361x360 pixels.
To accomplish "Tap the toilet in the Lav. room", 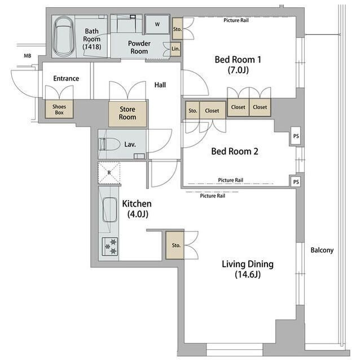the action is click(x=109, y=144).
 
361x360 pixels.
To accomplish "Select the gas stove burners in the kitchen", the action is click(x=110, y=247).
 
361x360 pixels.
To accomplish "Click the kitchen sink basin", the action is click(x=109, y=210).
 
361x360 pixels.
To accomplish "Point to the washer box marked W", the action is click(x=157, y=24).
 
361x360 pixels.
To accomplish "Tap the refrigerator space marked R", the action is click(x=109, y=172).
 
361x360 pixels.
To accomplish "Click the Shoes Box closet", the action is click(x=59, y=109).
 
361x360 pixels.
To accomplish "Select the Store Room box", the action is click(x=127, y=114).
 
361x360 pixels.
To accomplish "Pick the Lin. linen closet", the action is click(x=175, y=49).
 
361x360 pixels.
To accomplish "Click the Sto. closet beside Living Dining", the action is click(x=175, y=245).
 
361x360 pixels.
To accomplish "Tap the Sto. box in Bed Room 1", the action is click(x=177, y=29).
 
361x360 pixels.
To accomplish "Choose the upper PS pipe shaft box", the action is click(x=296, y=136).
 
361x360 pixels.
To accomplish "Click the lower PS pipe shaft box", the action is click(x=296, y=182).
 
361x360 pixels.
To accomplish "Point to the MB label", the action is click(x=28, y=56).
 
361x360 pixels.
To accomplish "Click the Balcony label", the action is click(x=322, y=250).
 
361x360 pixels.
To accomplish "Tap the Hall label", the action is click(x=160, y=85).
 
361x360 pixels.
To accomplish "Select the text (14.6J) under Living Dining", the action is click(x=248, y=274).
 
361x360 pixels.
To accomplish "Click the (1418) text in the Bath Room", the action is click(x=92, y=47).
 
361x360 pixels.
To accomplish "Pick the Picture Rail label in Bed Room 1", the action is click(x=236, y=20).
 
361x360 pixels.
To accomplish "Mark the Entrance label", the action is click(x=66, y=79).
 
